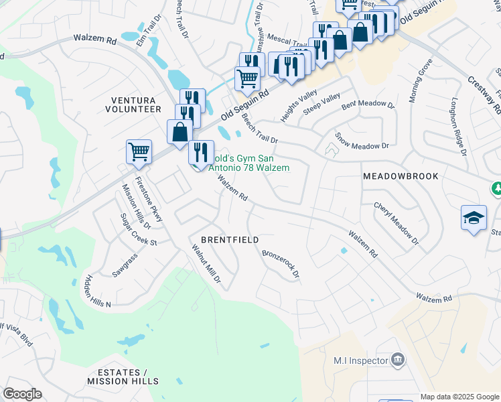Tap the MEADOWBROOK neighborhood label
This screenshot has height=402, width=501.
(401, 176)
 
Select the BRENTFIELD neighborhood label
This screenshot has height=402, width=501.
(230, 239)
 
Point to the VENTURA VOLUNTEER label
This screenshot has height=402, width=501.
(136, 104)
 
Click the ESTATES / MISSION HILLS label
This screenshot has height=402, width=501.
(122, 377)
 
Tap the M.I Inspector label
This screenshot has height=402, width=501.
(361, 360)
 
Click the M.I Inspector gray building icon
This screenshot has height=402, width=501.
(397, 360)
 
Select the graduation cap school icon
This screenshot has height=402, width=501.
(474, 218)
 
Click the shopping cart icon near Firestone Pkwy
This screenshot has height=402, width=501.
(139, 151)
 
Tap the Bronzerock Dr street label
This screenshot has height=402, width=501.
(280, 265)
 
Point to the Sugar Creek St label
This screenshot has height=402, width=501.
(138, 229)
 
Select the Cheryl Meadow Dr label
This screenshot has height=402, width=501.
(396, 223)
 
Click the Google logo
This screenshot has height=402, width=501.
(22, 394)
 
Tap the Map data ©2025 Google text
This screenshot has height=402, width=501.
(459, 397)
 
